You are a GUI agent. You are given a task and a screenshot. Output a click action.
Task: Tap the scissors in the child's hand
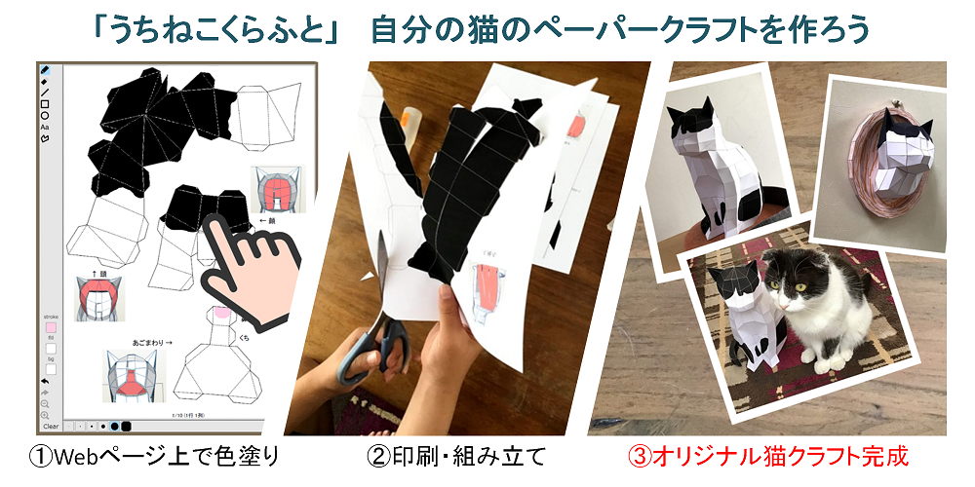(x=375, y=351)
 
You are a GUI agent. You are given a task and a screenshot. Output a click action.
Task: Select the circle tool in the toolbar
(x=46, y=115)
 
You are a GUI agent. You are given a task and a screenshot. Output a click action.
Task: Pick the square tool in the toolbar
(x=46, y=103)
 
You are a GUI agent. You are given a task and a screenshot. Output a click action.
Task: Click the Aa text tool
(x=46, y=127)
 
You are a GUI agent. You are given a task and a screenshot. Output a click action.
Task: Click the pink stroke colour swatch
(x=51, y=327)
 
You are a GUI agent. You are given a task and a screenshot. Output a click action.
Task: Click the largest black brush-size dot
(x=126, y=426)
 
